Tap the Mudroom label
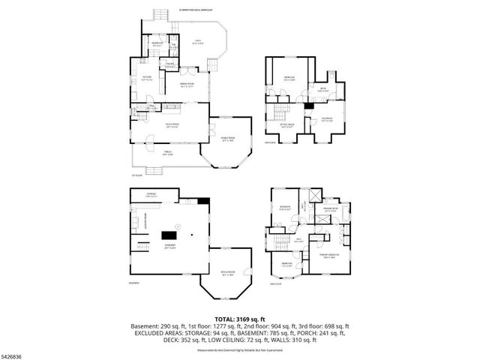tap(157, 44)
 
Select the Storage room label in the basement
tap(151, 194)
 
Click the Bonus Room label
tap(226, 273)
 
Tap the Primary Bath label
tap(330, 209)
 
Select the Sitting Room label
tap(286, 126)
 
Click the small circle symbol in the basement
tap(178, 225)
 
